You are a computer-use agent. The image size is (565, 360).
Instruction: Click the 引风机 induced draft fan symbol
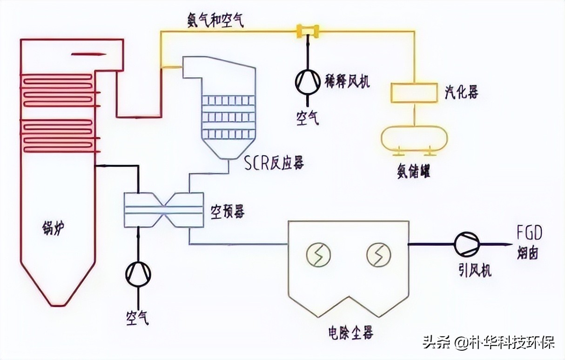click(467, 244)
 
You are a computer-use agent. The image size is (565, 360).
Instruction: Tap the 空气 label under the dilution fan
click(308, 118)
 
